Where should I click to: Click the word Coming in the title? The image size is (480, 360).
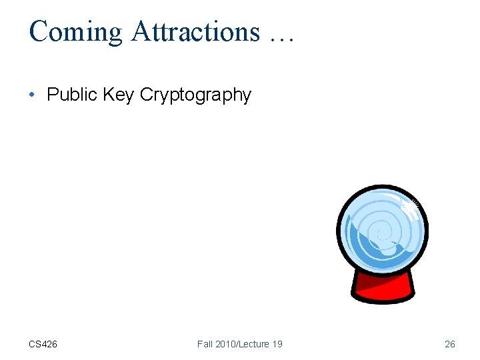tap(75, 31)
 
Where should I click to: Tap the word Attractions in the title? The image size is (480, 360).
tap(195, 31)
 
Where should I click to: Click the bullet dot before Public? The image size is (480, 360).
tap(32, 95)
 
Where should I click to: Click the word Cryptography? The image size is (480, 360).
tap(195, 96)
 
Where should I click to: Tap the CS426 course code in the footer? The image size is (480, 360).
tap(43, 344)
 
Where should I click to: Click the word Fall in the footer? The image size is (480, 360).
tap(205, 344)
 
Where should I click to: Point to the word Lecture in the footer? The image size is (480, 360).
tap(256, 344)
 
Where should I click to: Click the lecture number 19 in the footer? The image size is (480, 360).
tap(277, 344)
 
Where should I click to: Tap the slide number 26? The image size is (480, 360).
tap(450, 344)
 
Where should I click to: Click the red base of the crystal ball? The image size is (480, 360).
tap(383, 288)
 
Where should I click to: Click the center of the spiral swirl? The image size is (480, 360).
tap(381, 233)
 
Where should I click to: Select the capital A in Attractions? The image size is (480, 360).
tap(141, 31)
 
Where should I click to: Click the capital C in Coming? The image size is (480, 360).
tap(39, 31)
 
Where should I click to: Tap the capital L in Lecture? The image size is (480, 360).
tap(244, 344)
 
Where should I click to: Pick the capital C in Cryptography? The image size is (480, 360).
tap(147, 95)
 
